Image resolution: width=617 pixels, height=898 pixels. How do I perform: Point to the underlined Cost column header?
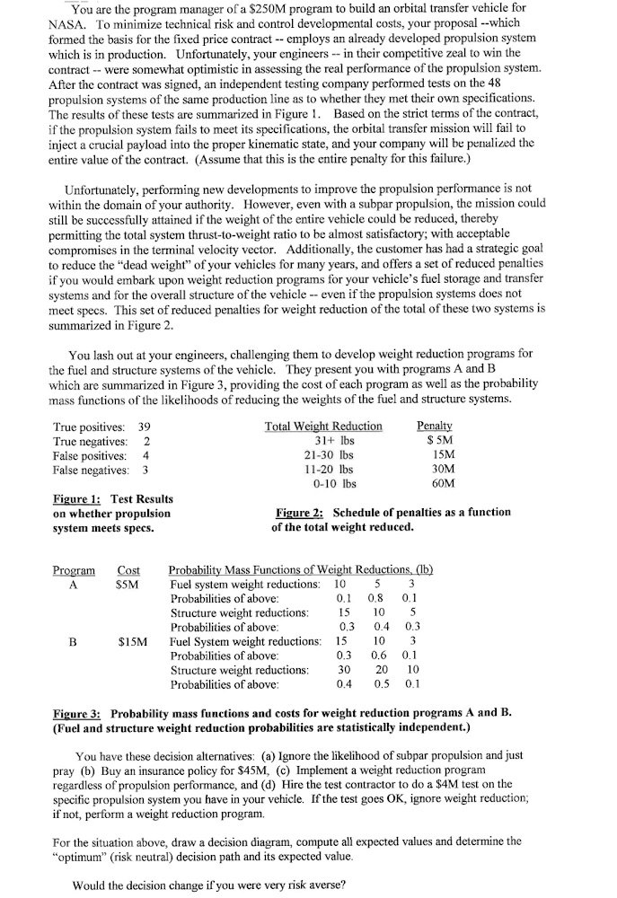click(x=129, y=570)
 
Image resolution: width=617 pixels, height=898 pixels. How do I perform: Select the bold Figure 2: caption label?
click(x=300, y=512)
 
